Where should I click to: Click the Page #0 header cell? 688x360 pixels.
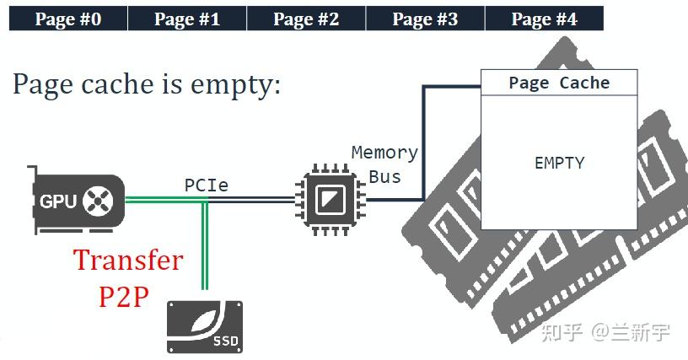pos(68,19)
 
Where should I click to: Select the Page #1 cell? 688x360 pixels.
pos(187,19)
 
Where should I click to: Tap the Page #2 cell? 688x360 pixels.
pos(306,19)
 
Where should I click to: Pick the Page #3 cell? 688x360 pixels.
pos(425,19)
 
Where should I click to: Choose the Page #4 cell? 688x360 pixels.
pos(544,19)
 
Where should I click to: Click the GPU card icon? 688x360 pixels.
pos(76,201)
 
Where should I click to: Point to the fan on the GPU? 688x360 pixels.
pos(98,201)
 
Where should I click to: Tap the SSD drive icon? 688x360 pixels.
pos(205,327)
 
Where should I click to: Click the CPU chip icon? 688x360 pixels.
pos(330,200)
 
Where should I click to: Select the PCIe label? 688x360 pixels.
pos(207,185)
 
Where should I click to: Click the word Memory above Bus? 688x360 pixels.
pos(384,153)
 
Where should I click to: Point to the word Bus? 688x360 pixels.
pos(384,177)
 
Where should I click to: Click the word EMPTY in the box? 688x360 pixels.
pos(560,163)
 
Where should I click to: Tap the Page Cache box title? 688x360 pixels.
pos(560,83)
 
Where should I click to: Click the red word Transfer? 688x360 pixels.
pos(128,260)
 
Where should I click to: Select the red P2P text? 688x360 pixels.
pos(124,297)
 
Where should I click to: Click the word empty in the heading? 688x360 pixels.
pos(235,85)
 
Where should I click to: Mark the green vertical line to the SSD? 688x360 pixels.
pos(205,245)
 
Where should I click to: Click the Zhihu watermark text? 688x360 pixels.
pos(605,332)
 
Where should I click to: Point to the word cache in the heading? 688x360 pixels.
pos(117,83)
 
